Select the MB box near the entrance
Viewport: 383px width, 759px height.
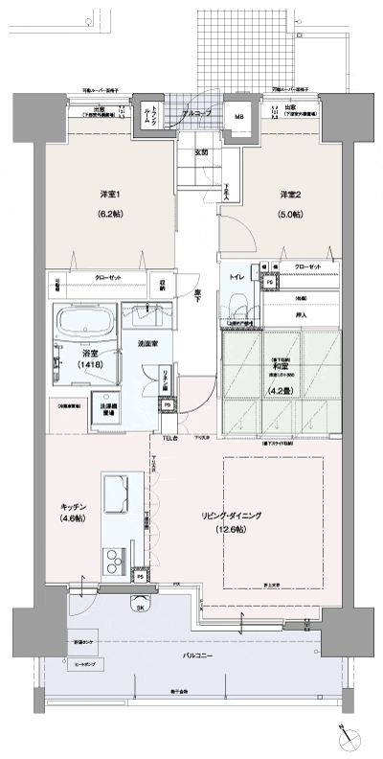click(x=239, y=118)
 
